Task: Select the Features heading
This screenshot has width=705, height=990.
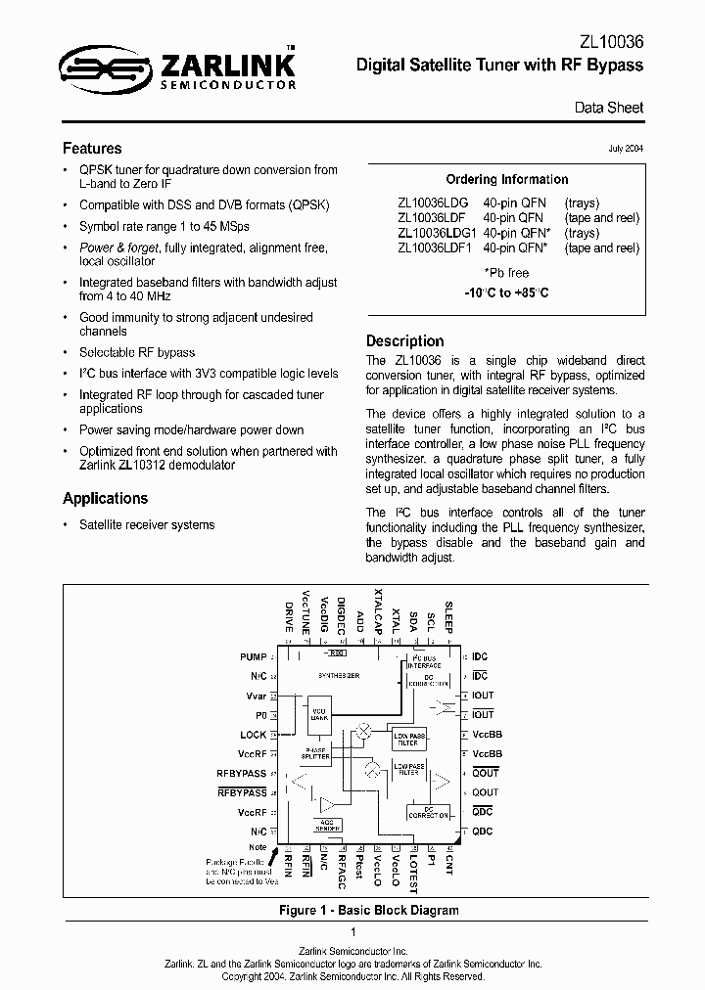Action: [x=92, y=149]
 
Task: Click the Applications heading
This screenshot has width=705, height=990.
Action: [x=105, y=498]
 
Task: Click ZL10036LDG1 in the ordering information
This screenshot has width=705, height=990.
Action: [x=437, y=234]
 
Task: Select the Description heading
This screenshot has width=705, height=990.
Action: [x=404, y=341]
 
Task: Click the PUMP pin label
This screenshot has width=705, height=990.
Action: [x=253, y=656]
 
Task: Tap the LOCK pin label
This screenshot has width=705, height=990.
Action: [x=253, y=735]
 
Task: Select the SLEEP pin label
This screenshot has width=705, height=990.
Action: [x=448, y=615]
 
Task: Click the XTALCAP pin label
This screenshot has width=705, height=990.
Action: [x=378, y=612]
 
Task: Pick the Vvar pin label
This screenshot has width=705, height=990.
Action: [x=256, y=696]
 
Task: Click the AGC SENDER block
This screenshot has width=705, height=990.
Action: [x=328, y=824]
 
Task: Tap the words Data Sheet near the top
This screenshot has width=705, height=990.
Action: [x=609, y=109]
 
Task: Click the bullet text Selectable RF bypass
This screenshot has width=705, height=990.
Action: [x=137, y=352]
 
